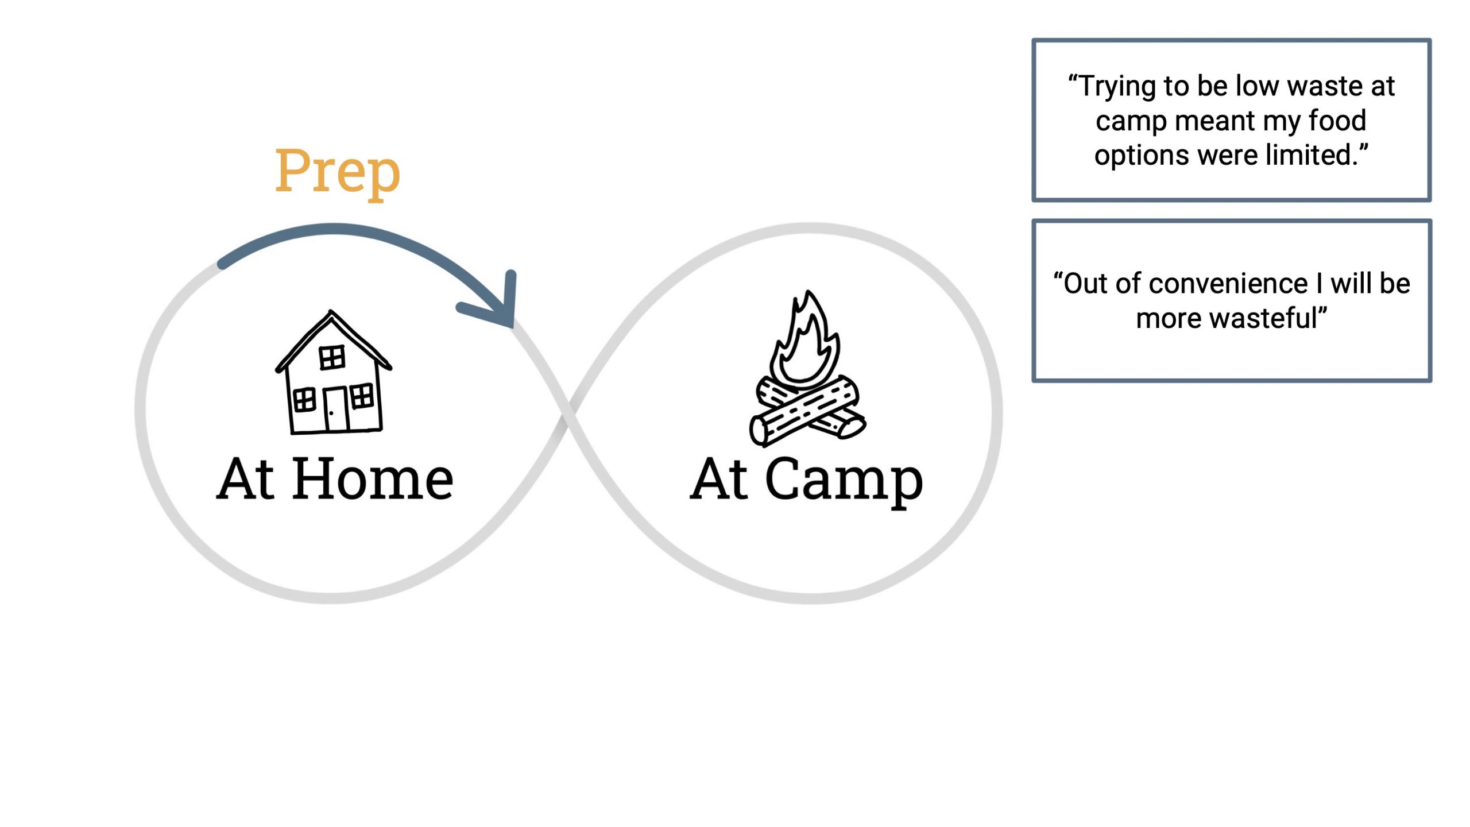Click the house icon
click(x=333, y=373)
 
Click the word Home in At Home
click(x=373, y=480)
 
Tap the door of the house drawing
click(x=336, y=409)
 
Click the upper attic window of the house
click(x=332, y=358)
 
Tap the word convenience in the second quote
click(x=1229, y=284)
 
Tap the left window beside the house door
click(x=304, y=400)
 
